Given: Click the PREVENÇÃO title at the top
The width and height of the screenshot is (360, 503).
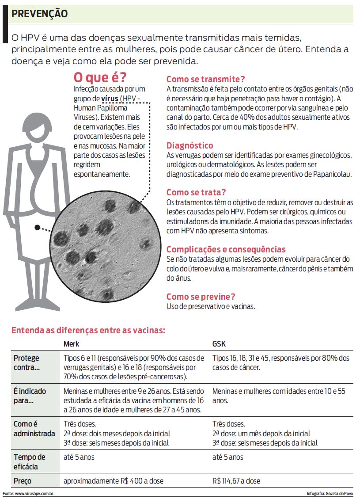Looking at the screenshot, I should click(x=40, y=14).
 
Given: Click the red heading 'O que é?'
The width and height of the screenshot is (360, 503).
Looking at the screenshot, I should click(x=100, y=78).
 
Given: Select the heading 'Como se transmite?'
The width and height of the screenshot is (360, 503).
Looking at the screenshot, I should click(x=205, y=79).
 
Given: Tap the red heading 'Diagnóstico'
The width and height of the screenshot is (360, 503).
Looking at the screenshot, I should click(x=189, y=145).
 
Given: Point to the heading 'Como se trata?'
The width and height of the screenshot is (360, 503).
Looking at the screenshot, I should click(x=196, y=192).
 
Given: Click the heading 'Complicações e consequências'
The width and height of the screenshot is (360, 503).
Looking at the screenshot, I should click(x=226, y=249).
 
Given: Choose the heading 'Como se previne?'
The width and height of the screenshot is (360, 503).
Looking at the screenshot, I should click(x=201, y=297).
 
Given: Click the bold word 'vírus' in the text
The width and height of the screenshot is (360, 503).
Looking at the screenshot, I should click(x=110, y=98).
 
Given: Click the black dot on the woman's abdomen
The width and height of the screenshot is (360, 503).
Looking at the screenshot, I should click(x=38, y=228).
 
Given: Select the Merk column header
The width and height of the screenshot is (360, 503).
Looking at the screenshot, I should click(x=72, y=344).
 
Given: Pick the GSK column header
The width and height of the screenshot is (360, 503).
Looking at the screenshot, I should click(x=219, y=344).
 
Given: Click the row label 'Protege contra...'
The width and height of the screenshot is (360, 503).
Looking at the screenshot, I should click(x=27, y=362).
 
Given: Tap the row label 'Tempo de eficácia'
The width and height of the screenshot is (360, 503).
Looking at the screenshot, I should click(x=29, y=462).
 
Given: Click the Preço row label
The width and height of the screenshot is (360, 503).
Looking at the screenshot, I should click(x=23, y=481).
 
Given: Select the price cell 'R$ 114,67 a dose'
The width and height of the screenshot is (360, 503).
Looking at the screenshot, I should click(x=236, y=481).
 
